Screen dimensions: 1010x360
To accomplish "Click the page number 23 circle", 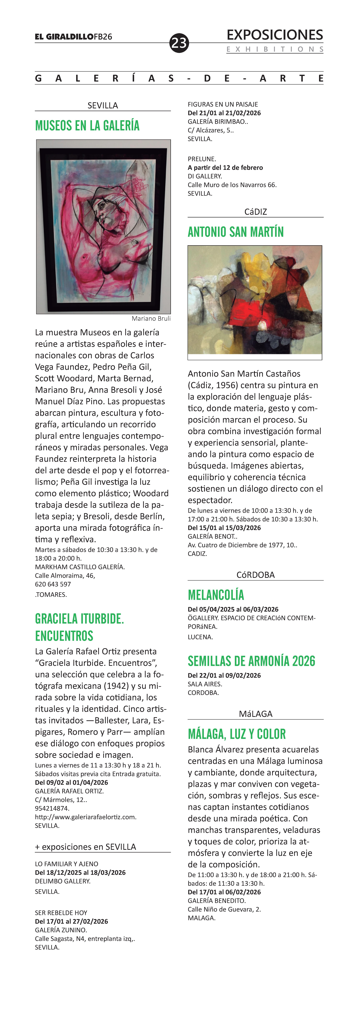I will (179, 43).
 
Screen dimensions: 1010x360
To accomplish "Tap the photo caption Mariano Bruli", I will (151, 318).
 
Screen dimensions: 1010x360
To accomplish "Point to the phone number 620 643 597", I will (53, 584).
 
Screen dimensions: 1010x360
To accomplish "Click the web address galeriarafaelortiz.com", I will (86, 817).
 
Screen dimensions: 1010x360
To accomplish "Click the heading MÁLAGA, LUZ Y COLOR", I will (237, 734).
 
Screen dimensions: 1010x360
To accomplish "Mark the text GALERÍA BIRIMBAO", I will (218, 122).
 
